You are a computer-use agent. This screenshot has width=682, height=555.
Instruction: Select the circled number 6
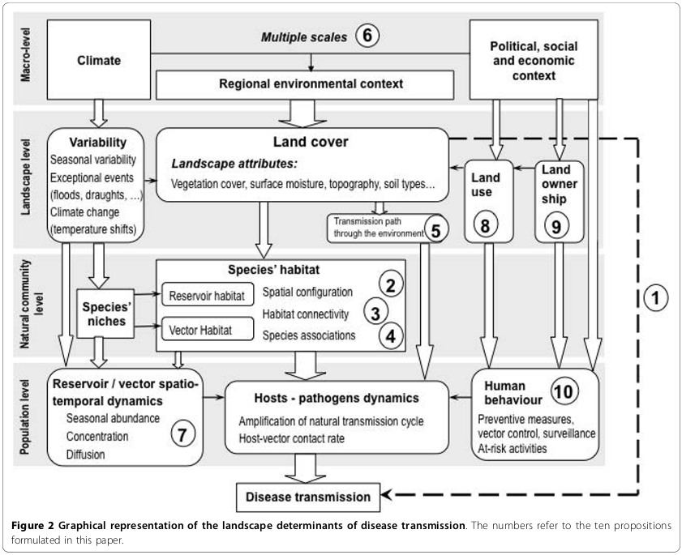pyautogui.click(x=367, y=36)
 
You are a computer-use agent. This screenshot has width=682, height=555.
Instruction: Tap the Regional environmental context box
pyautogui.click(x=311, y=83)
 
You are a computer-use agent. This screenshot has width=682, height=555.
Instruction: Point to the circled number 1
pyautogui.click(x=654, y=297)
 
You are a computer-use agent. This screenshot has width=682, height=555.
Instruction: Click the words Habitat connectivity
pyautogui.click(x=305, y=314)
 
